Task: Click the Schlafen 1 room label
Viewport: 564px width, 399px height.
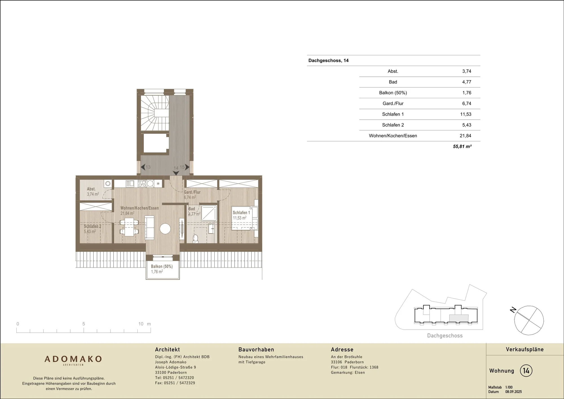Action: [241, 212]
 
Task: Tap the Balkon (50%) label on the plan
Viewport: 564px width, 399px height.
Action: [162, 266]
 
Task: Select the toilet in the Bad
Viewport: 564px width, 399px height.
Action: [195, 239]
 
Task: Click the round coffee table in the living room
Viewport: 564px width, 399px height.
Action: [165, 229]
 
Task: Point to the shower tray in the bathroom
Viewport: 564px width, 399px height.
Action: [209, 213]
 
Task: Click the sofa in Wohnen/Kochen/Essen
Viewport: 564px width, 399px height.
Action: [149, 228]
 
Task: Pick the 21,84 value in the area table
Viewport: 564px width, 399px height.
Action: [465, 136]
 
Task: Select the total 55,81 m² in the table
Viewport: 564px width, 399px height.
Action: [462, 146]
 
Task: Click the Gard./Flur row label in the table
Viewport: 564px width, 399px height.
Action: [393, 104]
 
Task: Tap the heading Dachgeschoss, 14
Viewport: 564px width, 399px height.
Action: [329, 60]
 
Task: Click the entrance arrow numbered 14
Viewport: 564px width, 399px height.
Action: [176, 173]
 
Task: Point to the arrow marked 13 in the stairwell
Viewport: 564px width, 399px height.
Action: [143, 167]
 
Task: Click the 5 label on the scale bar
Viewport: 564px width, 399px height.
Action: [83, 324]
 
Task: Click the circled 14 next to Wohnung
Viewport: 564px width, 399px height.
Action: [526, 370]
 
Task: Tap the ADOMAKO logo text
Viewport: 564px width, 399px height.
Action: [73, 359]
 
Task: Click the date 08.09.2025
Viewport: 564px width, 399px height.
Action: [514, 392]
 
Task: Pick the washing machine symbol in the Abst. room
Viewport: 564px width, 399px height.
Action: [108, 184]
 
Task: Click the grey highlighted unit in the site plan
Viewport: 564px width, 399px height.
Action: [459, 318]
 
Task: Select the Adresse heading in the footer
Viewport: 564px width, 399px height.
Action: [342, 350]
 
